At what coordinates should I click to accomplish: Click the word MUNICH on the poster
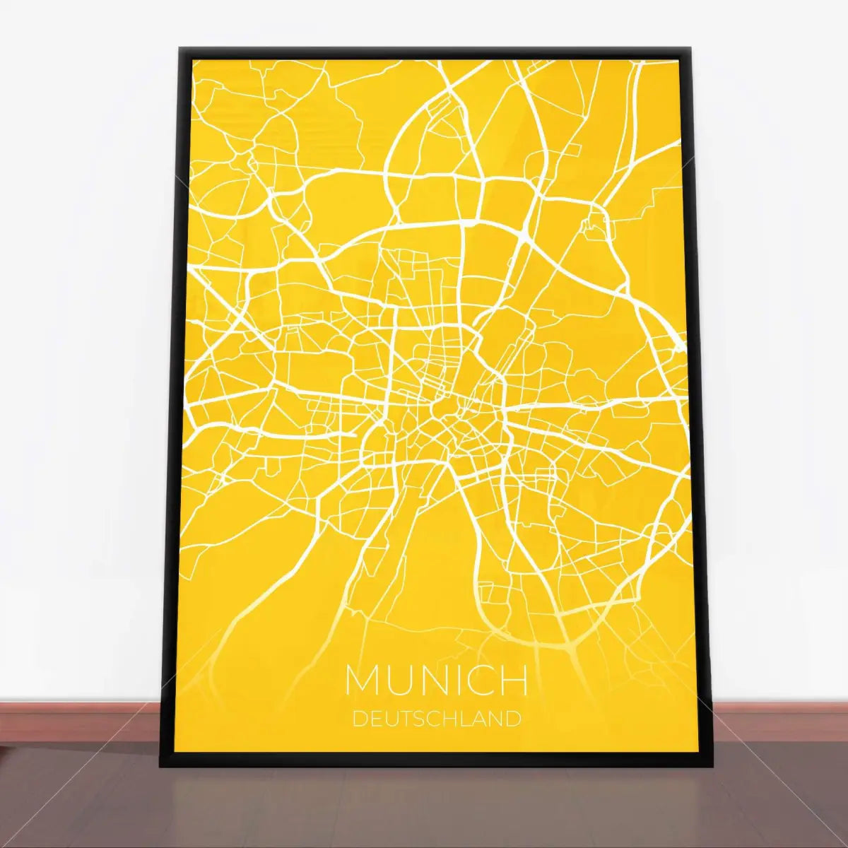[436, 680]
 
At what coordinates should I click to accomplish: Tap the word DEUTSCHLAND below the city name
[436, 719]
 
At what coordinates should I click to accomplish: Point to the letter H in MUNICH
[515, 680]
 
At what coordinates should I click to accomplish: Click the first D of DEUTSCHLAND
[358, 719]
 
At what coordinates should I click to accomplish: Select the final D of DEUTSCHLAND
[514, 719]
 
